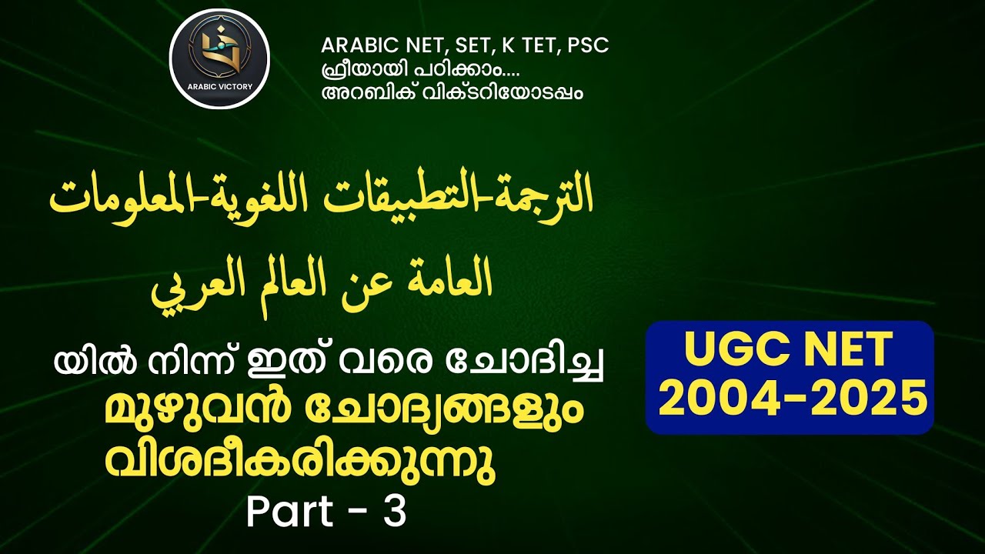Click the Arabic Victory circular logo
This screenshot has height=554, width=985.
(219, 58)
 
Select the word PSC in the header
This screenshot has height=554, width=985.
(587, 45)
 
